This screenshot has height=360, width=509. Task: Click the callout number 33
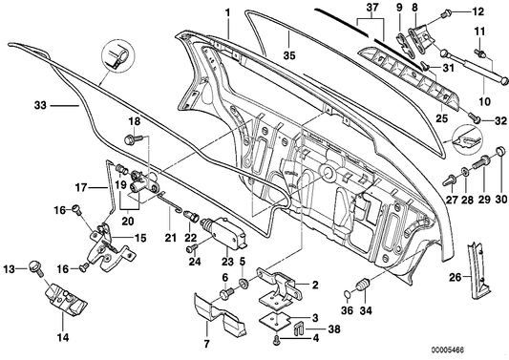click(x=38, y=107)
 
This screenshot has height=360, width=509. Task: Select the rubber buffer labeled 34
click(x=364, y=287)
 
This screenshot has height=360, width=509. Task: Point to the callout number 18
click(x=134, y=121)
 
